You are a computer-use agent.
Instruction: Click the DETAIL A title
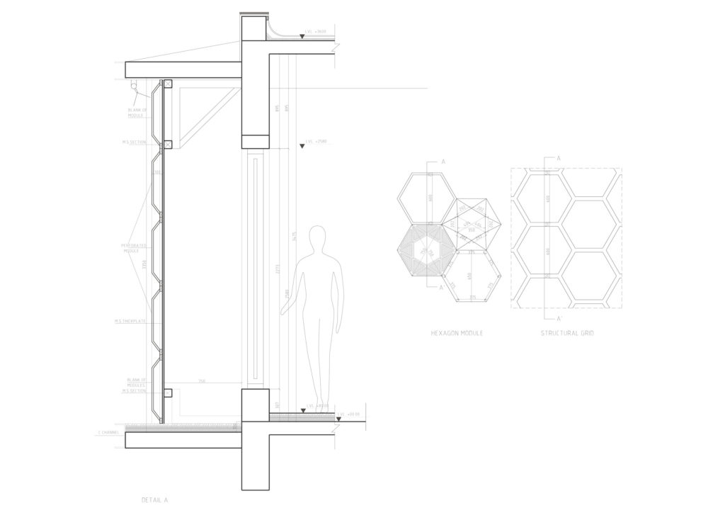pos(154,500)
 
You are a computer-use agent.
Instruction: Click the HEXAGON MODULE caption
pos(457,332)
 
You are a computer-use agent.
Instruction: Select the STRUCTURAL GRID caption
pos(567,332)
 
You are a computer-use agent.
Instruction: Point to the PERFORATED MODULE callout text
pos(134,249)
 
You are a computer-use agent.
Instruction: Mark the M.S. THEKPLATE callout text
pos(132,321)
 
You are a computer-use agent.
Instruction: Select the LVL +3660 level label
pos(316,32)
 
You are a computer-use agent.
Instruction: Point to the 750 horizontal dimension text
pos(202,380)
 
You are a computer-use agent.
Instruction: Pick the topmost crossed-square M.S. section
pos(168,84)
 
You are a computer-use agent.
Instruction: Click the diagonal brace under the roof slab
pos(210,117)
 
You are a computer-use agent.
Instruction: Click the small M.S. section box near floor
pos(168,394)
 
